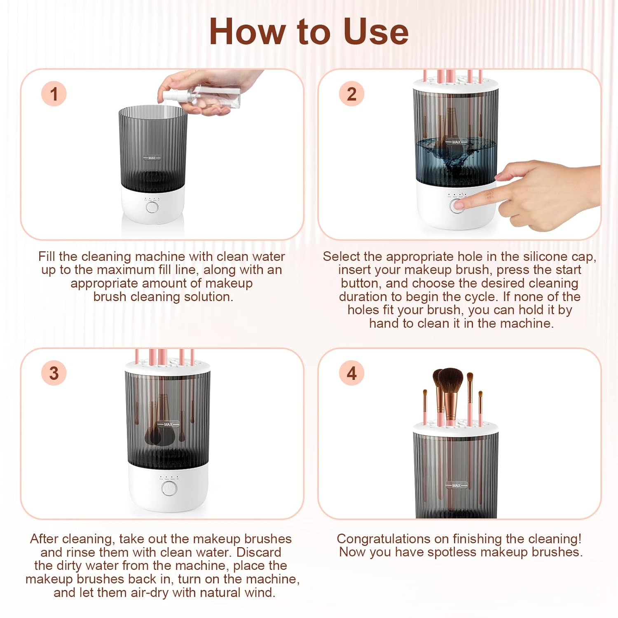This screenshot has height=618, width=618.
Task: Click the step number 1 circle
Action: click(x=54, y=94)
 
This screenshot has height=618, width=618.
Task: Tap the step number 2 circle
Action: click(x=351, y=94)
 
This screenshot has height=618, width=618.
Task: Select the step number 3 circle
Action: click(x=54, y=373)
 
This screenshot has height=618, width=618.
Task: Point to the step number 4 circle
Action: click(x=351, y=373)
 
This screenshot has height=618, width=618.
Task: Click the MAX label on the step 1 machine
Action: click(x=152, y=158)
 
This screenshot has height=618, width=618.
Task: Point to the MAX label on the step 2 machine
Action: click(x=456, y=142)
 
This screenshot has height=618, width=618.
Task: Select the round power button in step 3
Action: click(x=169, y=489)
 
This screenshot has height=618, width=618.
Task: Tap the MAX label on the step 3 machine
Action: click(x=168, y=424)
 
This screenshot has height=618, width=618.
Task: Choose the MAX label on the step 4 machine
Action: click(x=456, y=485)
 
